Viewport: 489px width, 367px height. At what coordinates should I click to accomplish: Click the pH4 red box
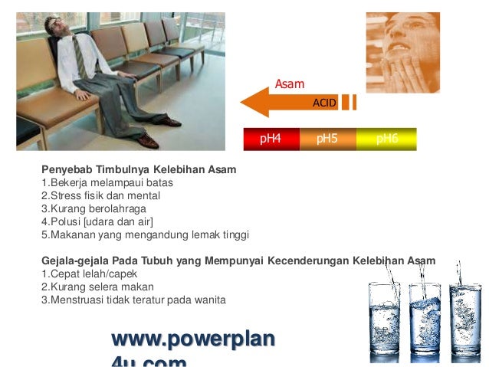coord(271,139)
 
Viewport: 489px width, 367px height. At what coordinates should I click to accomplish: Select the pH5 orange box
coord(327,139)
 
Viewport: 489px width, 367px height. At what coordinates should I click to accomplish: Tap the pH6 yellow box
coord(386,139)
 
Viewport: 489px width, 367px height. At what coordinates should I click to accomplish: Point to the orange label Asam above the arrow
coord(290,84)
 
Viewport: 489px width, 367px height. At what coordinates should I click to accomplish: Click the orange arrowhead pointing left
coord(255,103)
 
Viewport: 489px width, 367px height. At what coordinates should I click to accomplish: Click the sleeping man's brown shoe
coord(149,141)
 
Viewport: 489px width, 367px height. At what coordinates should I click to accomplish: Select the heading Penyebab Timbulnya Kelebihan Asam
coord(138,169)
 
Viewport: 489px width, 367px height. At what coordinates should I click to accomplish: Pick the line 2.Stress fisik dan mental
coord(100,195)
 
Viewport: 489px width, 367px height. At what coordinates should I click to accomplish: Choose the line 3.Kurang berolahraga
coord(93,208)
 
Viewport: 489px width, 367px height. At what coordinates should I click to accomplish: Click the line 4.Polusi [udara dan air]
coord(97,221)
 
